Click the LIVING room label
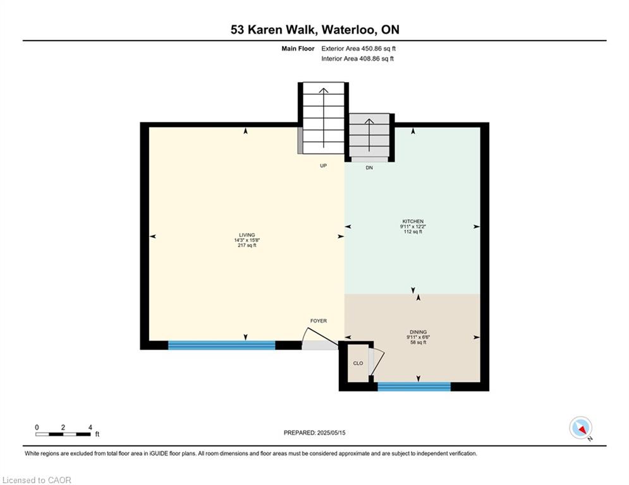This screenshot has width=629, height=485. click(246, 235)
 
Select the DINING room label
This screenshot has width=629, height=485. click(418, 332)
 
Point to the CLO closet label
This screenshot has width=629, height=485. click(358, 363)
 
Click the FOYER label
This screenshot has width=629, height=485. click(318, 321)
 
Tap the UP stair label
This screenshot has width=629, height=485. click(322, 166)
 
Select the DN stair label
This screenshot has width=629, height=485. click(370, 167)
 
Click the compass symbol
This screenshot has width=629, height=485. click(580, 428)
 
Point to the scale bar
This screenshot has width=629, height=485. click(63, 434)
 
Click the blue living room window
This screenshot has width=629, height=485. click(221, 345)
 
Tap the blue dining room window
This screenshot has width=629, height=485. click(414, 386)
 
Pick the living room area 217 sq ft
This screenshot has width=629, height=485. click(246, 245)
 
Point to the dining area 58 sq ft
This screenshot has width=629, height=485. click(418, 342)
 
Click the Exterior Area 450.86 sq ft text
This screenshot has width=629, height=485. click(358, 48)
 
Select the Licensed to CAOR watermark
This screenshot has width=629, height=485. click(37, 480)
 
